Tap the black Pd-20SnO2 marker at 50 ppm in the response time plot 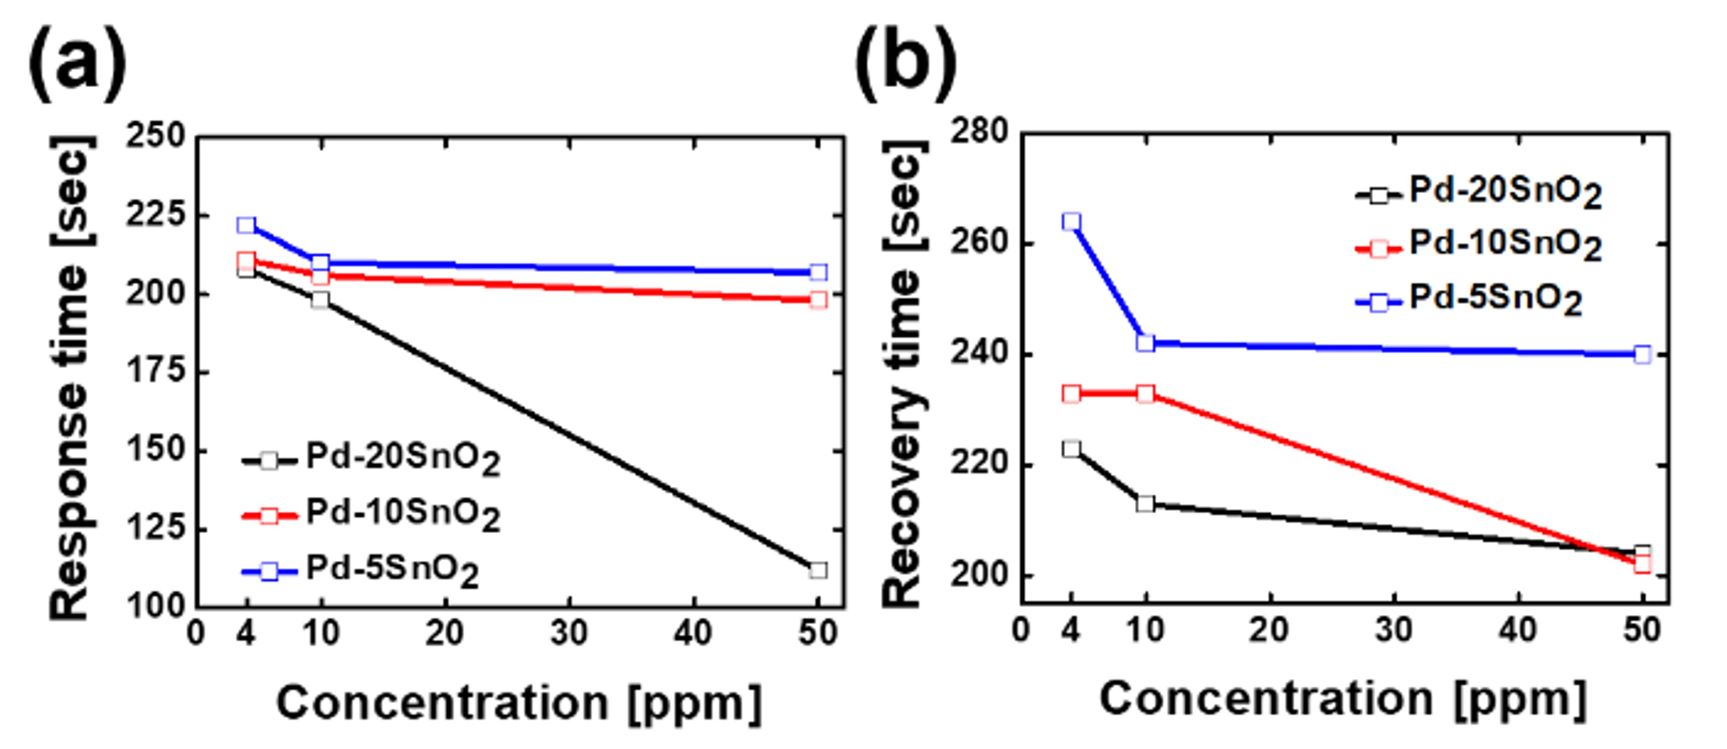(818, 570)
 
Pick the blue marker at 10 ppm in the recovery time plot (1146, 343)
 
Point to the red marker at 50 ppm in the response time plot (818, 300)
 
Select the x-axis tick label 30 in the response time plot (569, 633)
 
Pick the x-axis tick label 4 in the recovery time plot (1071, 630)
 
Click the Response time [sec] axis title (71, 379)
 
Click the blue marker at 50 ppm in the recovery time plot (1643, 354)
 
